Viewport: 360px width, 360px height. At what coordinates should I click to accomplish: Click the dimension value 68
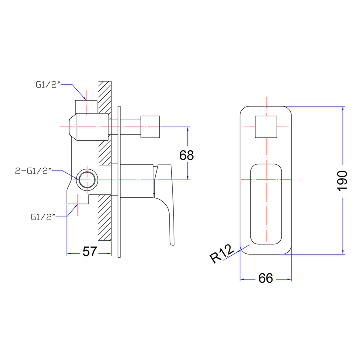186,155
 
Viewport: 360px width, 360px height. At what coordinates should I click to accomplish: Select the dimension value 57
89,251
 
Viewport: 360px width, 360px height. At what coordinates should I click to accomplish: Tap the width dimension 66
266,278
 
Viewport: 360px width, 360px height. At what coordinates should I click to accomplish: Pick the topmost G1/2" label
49,84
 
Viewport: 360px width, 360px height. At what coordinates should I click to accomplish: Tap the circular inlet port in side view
87,180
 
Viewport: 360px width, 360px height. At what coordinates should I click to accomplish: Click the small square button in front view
266,126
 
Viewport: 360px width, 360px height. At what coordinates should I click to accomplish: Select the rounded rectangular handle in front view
266,204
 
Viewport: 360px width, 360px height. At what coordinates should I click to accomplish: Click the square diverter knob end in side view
151,127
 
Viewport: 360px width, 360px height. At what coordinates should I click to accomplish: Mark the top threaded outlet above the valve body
86,106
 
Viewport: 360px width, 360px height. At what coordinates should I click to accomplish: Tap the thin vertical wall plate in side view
119,182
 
